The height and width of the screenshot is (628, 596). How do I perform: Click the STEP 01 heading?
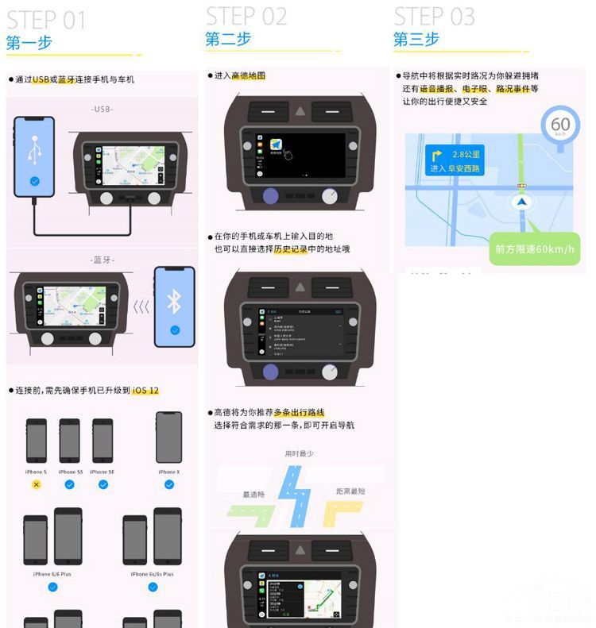pyautogui.click(x=46, y=20)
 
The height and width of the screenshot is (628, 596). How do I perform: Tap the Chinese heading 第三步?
pyautogui.click(x=416, y=39)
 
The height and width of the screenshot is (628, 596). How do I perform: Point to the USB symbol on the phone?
pyautogui.click(x=34, y=151)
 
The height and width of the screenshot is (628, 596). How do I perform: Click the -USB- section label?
pyautogui.click(x=102, y=109)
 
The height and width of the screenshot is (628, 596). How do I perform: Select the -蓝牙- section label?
pyautogui.click(x=102, y=260)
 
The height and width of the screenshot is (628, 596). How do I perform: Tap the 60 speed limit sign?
pyautogui.click(x=560, y=125)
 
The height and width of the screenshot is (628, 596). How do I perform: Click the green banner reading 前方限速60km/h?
pyautogui.click(x=534, y=249)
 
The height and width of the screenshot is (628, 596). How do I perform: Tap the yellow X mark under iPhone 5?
pyautogui.click(x=36, y=484)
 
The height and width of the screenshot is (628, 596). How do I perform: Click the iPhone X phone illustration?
pyautogui.click(x=168, y=437)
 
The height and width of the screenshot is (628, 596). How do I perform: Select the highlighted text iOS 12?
pyautogui.click(x=145, y=391)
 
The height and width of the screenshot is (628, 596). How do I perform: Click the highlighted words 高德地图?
pyautogui.click(x=248, y=75)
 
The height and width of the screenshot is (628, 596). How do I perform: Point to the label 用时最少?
pyautogui.click(x=299, y=454)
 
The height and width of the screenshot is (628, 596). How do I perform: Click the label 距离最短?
pyautogui.click(x=350, y=491)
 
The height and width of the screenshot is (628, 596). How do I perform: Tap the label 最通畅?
pyautogui.click(x=253, y=495)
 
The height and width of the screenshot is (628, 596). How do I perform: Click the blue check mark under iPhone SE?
pyautogui.click(x=103, y=484)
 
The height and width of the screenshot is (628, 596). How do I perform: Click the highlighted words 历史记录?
pyautogui.click(x=290, y=249)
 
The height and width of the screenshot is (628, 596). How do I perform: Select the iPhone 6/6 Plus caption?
pyautogui.click(x=52, y=573)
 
